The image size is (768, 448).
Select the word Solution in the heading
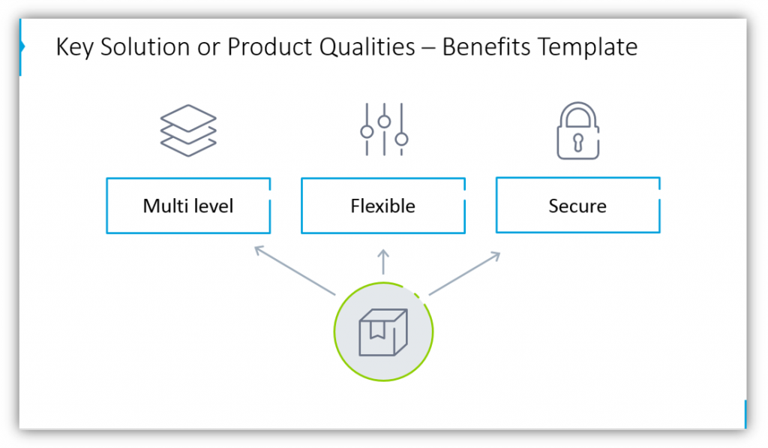tap(145, 47)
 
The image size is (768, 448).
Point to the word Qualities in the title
tap(367, 48)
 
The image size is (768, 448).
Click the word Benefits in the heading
tap(486, 47)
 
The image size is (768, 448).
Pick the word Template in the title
tap(588, 48)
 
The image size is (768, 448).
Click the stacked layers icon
tap(188, 131)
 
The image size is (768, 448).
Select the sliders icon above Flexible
tap(384, 129)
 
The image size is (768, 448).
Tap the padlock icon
tap(578, 131)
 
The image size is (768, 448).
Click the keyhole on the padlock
tap(578, 142)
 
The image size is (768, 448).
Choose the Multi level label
tap(188, 206)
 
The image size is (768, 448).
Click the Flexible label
tap(383, 206)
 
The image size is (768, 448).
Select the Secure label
tap(577, 206)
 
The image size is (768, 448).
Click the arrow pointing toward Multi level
tap(295, 271)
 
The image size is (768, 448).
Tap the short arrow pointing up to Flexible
tap(383, 262)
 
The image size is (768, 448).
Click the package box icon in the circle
tap(383, 332)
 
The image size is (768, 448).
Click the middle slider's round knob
tap(385, 122)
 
